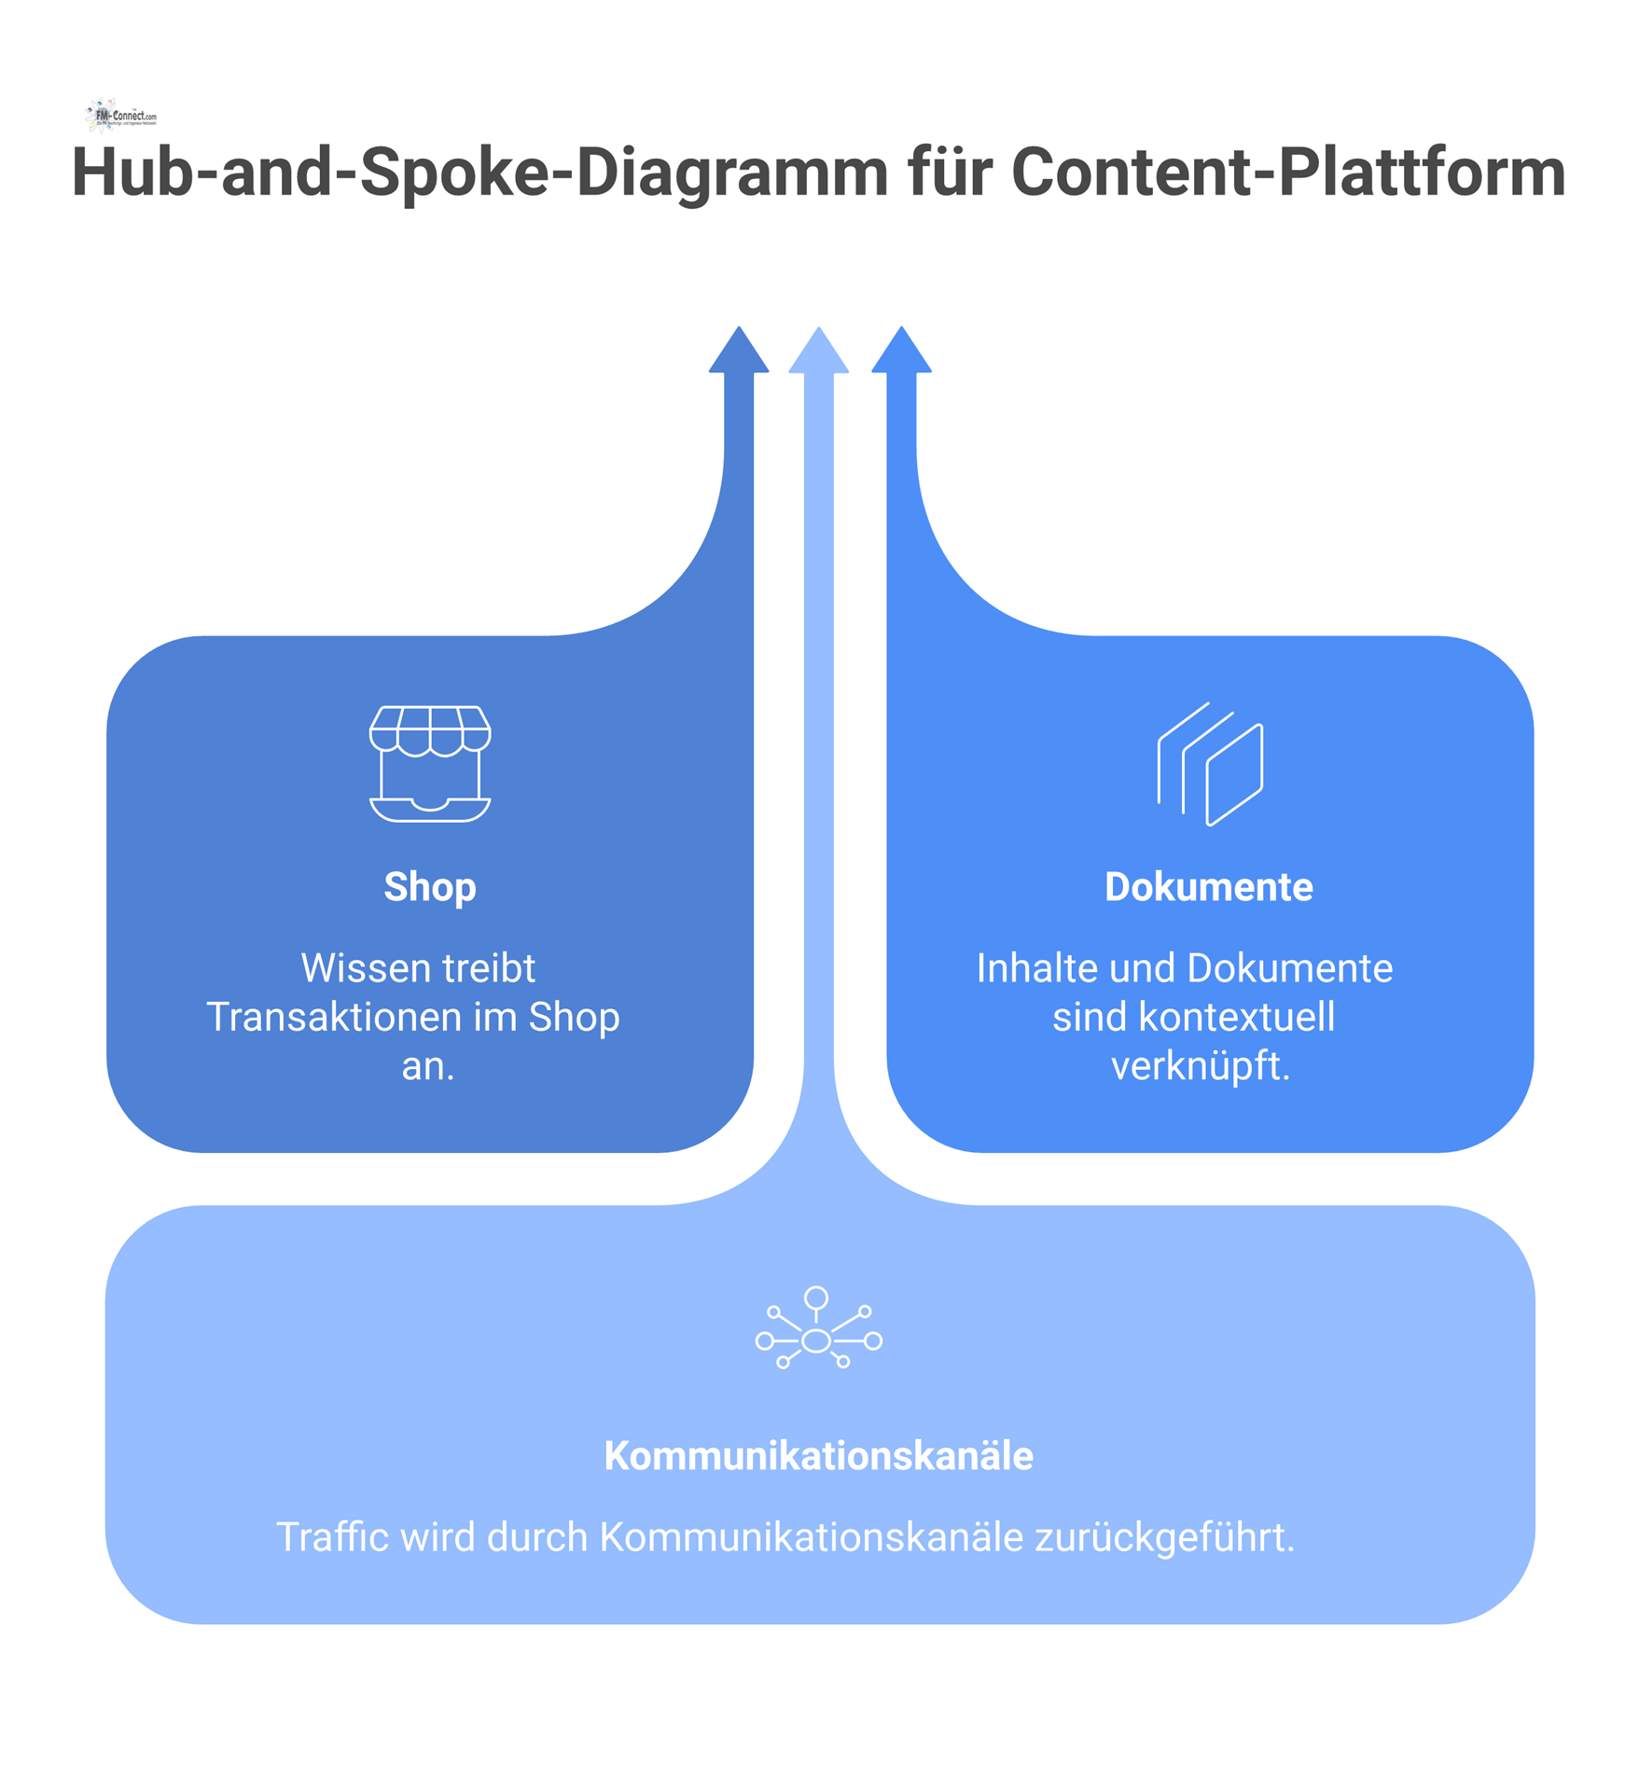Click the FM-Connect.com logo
[x=121, y=116]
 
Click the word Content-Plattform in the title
[x=1287, y=174]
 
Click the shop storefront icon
[x=430, y=764]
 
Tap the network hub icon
[x=818, y=1328]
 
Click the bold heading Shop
[x=430, y=887]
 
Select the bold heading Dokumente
[x=1209, y=887]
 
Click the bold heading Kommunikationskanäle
[x=818, y=1456]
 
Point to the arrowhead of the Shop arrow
[x=739, y=352]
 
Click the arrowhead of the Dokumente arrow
[x=901, y=352]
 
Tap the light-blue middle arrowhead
[x=819, y=353]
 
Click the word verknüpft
[x=1200, y=1066]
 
